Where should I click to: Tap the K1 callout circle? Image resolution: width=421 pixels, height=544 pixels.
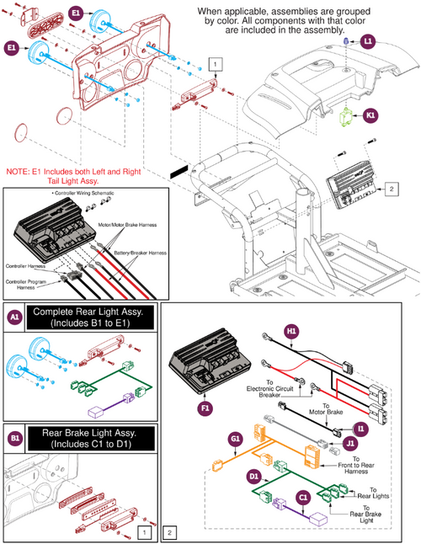coord(370,118)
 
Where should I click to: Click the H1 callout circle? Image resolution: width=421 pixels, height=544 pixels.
coord(292,332)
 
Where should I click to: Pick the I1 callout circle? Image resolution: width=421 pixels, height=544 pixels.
coord(361,429)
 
